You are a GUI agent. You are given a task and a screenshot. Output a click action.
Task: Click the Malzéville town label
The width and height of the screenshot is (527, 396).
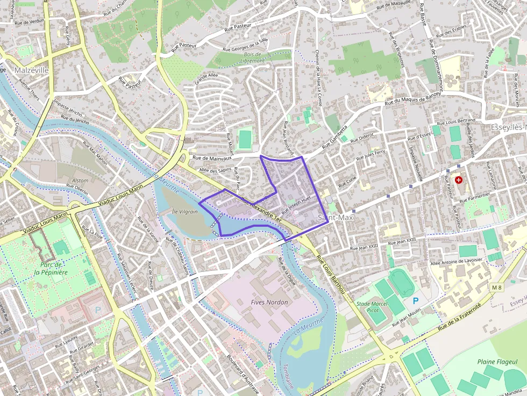tap(32, 70)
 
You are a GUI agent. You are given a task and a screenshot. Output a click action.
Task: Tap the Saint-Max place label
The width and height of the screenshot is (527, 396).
tap(336, 218)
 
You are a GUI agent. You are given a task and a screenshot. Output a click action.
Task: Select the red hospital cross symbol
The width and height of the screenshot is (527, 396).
tap(458, 180)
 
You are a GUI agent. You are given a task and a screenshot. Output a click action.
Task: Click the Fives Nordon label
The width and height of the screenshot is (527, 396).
tap(269, 303)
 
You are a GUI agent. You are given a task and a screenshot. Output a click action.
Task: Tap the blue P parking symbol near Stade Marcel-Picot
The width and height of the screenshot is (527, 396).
tap(415, 301)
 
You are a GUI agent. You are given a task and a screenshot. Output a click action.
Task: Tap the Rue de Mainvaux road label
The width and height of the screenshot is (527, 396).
tap(212, 158)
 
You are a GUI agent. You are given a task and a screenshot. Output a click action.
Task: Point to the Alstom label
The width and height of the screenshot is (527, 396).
tap(80, 181)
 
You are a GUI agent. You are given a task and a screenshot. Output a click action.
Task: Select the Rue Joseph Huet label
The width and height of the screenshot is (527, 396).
tap(296, 202)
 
